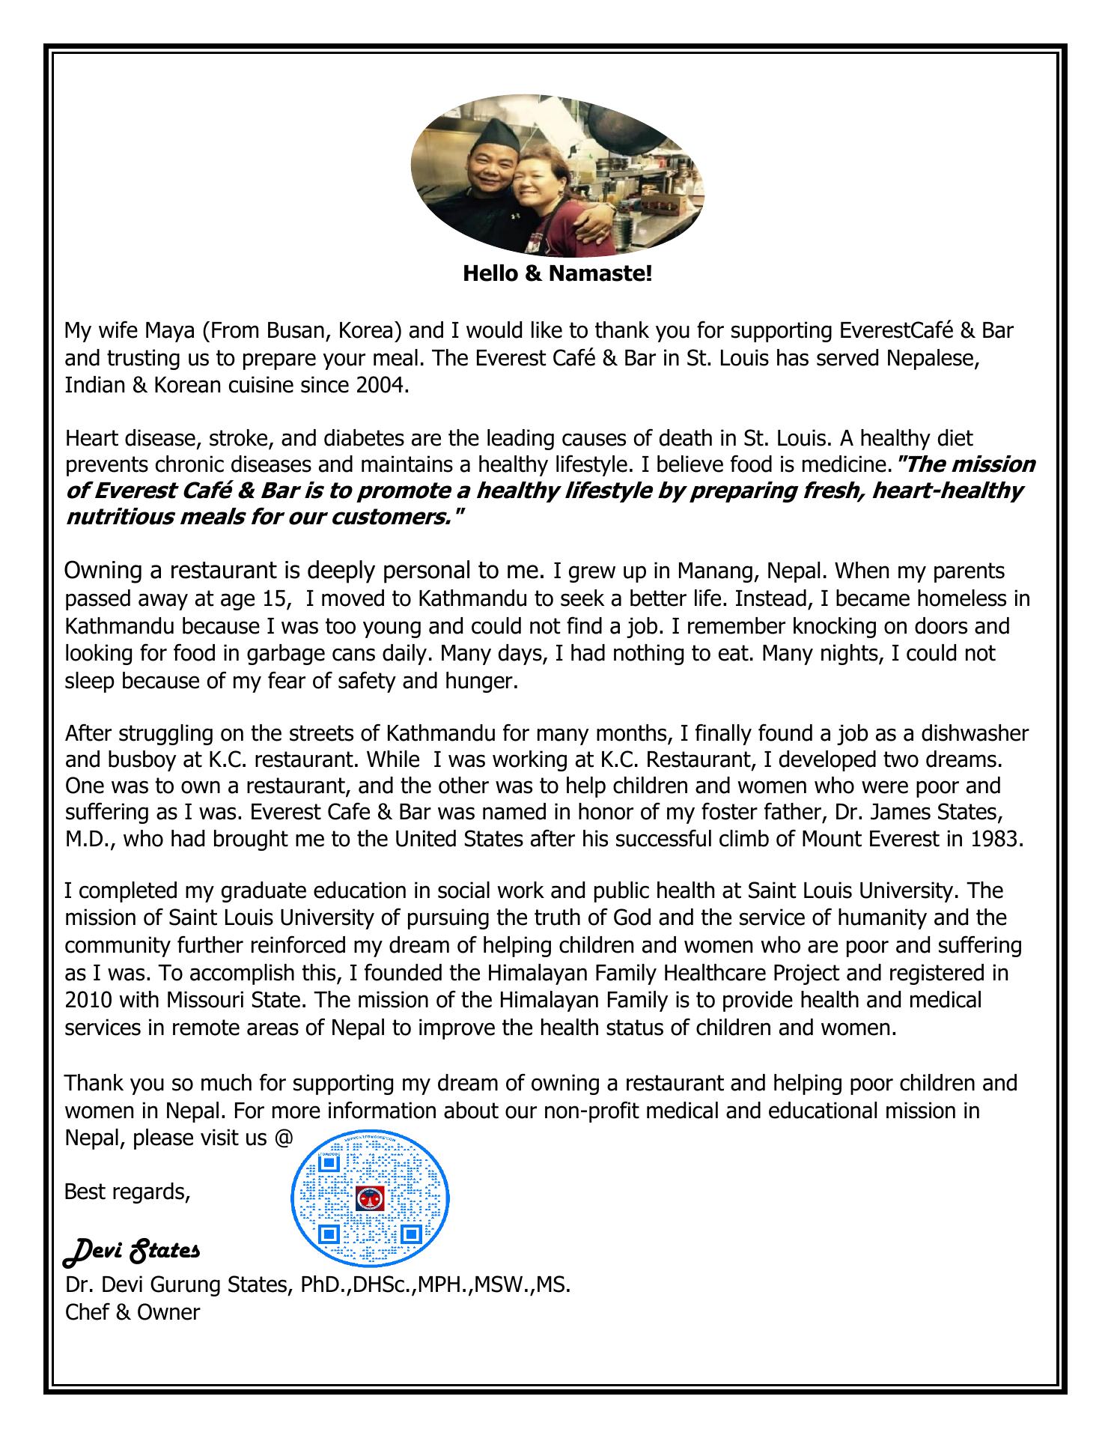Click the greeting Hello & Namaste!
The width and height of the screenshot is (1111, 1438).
click(558, 273)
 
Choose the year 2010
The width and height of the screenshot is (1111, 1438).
click(88, 1000)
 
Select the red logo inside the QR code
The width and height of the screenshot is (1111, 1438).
click(369, 1198)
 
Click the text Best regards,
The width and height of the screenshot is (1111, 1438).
click(127, 1191)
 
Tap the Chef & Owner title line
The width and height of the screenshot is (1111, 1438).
click(133, 1312)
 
